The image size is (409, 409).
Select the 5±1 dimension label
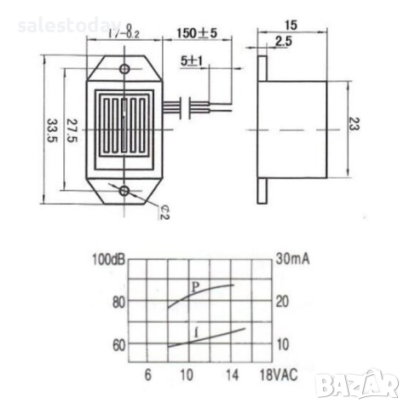coord(193,62)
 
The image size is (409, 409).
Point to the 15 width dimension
coord(293,26)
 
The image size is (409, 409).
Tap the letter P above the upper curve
coord(194,287)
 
